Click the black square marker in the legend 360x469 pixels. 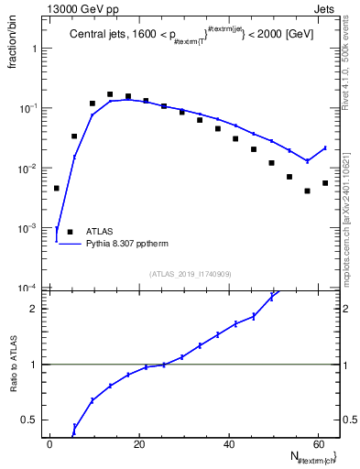(71, 232)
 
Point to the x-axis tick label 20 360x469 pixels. (139, 444)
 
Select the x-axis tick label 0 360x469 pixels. (50, 444)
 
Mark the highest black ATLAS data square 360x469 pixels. (110, 94)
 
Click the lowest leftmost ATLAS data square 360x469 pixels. (57, 188)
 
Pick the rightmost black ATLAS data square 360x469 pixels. (325, 183)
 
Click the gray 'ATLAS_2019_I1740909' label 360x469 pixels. (190, 274)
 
